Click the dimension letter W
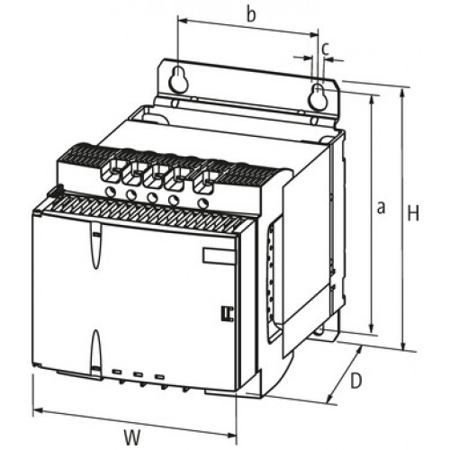pos(132,437)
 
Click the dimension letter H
pos(413,213)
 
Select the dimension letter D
pos(356,381)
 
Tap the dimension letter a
pos(381,208)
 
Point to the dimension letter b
pos(251,14)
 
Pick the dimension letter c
pos(326,49)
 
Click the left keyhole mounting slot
pos(179,78)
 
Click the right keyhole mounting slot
pos(317,96)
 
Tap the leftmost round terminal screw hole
pos(111,192)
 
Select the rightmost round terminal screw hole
pos(203,202)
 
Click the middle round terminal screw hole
pos(153,197)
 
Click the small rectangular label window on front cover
pos(219,256)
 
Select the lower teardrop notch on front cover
pos(95,351)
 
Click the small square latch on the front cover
pos(228,313)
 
